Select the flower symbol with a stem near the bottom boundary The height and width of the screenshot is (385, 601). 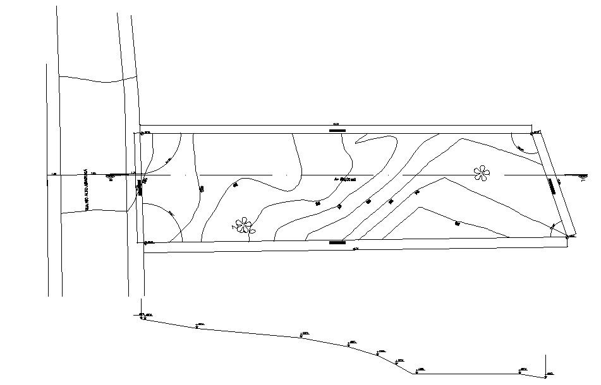(x=244, y=225)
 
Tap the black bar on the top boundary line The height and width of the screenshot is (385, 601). (x=337, y=131)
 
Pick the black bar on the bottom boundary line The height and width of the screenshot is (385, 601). (x=337, y=242)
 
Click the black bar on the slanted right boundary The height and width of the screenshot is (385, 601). (x=552, y=184)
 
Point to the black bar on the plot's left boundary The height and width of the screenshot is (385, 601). (x=140, y=188)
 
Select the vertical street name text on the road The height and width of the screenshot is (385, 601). (x=85, y=189)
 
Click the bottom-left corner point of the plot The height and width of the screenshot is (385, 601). (x=145, y=242)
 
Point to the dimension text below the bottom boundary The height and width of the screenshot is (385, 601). (x=355, y=250)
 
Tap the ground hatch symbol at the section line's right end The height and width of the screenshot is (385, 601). (x=578, y=175)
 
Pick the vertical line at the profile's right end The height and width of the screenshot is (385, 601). (x=545, y=365)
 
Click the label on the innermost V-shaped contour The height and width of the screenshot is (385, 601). (x=456, y=223)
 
